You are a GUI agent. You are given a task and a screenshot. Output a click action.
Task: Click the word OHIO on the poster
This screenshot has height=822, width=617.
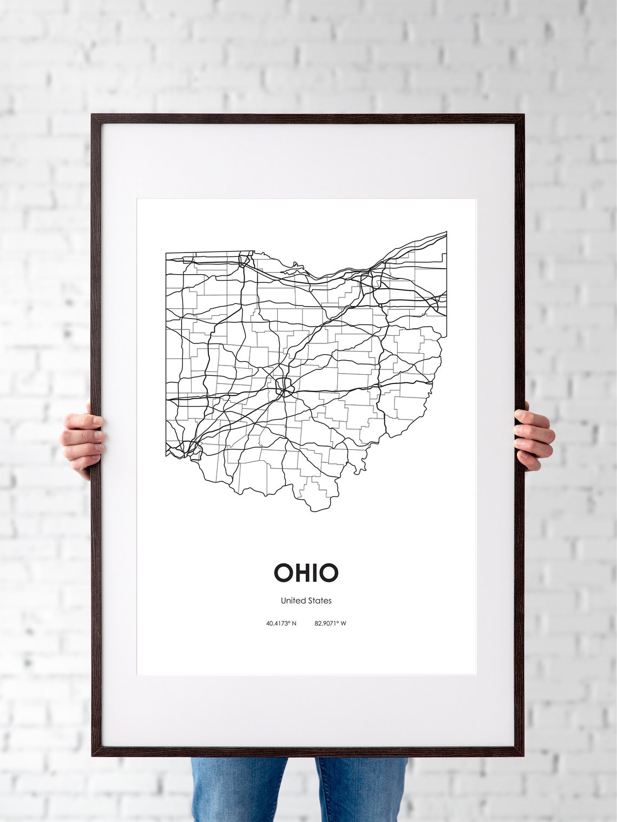coord(306,573)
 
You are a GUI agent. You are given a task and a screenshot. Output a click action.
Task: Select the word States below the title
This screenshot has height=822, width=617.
coord(319,600)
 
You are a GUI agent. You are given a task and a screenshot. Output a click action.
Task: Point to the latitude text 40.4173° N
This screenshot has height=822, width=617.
coord(281,624)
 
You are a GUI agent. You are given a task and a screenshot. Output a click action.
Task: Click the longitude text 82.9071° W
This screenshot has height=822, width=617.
coord(330,624)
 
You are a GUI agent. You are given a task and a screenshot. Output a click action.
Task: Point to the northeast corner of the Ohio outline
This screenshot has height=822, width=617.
coord(447,232)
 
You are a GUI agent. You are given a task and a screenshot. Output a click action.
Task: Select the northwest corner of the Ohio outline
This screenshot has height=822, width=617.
coord(166,253)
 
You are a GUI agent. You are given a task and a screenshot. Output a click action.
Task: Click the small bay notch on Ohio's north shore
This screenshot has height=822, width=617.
coord(296,266)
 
